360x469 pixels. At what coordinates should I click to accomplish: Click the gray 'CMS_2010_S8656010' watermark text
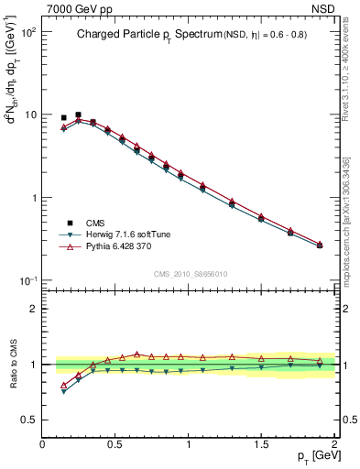[190, 274]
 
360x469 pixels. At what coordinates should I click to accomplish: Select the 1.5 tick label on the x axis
[261, 444]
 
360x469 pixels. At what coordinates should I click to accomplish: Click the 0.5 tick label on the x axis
[115, 444]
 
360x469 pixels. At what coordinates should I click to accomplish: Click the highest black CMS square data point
[78, 115]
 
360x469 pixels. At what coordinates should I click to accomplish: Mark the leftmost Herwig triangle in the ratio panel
[63, 392]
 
